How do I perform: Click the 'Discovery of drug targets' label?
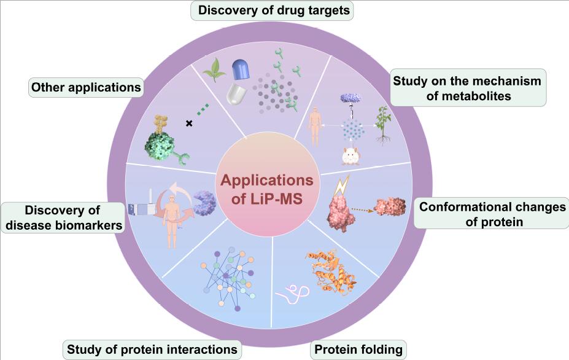[273, 10]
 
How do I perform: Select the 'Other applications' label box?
[86, 87]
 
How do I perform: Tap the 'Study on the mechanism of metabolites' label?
[467, 88]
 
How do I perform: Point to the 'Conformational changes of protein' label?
[492, 214]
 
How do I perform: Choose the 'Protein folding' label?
[358, 350]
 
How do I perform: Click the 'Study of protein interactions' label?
[152, 350]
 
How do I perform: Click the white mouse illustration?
[350, 157]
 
